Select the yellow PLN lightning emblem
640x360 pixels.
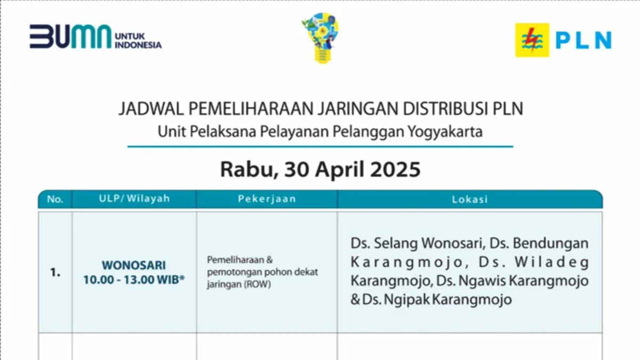click(x=532, y=40)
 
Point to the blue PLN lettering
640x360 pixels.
click(x=583, y=40)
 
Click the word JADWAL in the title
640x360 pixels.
click(x=150, y=108)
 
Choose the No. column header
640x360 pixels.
click(x=55, y=199)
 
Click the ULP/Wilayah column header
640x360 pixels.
click(x=134, y=199)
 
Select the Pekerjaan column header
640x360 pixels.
click(x=267, y=199)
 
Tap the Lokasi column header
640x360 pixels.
click(x=470, y=199)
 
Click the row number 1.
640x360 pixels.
click(x=55, y=272)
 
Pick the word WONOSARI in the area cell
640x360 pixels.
click(x=134, y=265)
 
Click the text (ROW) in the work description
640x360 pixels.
click(x=259, y=284)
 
